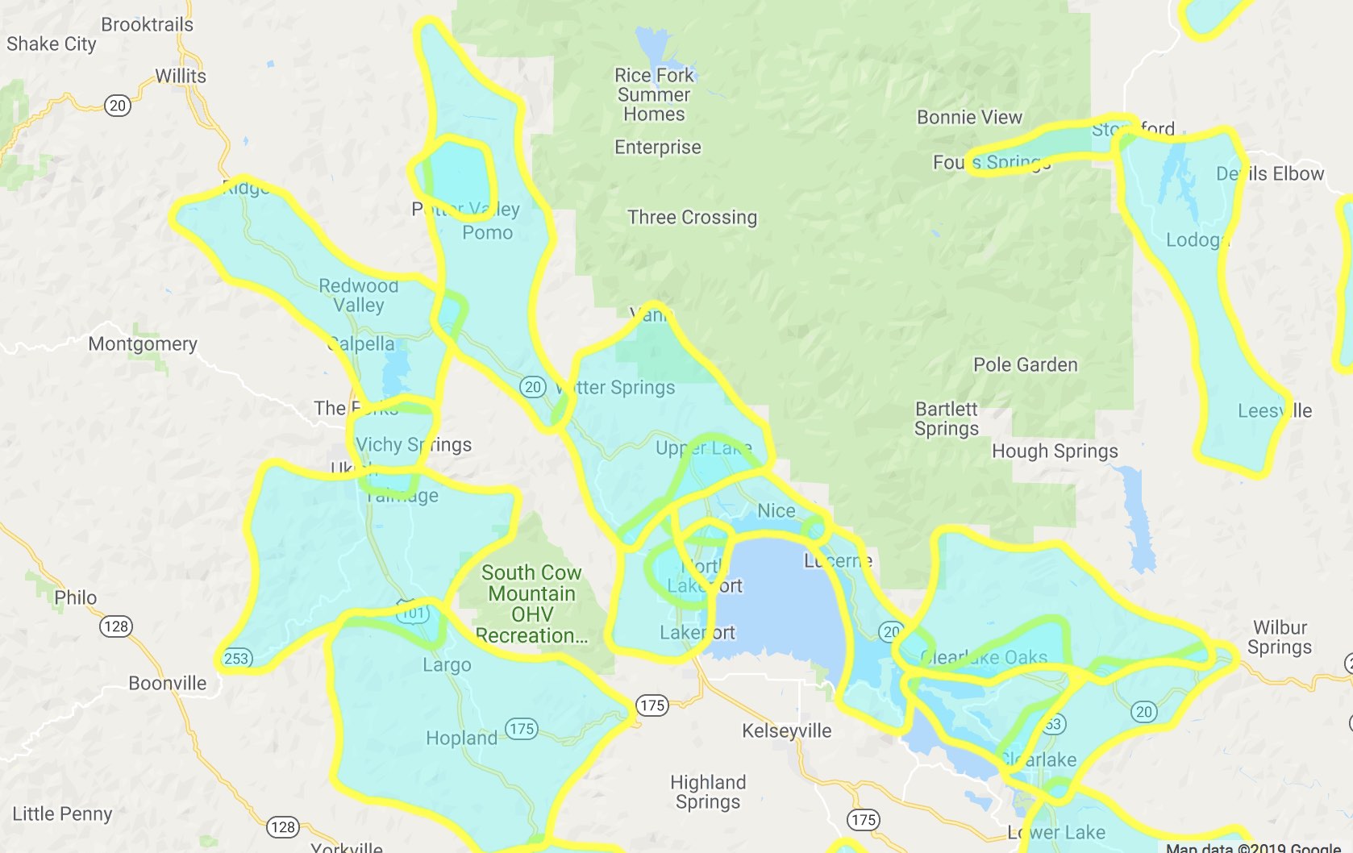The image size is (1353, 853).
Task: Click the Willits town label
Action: pyautogui.click(x=181, y=76)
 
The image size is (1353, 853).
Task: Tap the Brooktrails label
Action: pyautogui.click(x=147, y=24)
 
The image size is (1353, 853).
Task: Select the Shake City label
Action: pyautogui.click(x=52, y=44)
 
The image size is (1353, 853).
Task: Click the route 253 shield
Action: pyautogui.click(x=236, y=658)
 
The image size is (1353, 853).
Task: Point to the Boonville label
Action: pyautogui.click(x=168, y=683)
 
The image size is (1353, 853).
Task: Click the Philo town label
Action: pyautogui.click(x=75, y=597)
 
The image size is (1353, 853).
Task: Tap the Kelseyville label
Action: pyautogui.click(x=786, y=730)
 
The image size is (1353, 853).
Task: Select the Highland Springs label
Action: pyautogui.click(x=708, y=792)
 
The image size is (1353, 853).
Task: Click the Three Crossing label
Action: pyautogui.click(x=692, y=217)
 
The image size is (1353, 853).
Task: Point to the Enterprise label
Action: pyautogui.click(x=657, y=147)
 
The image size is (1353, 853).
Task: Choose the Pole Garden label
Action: pyautogui.click(x=1025, y=364)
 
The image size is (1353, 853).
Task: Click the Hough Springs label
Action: pyautogui.click(x=1055, y=451)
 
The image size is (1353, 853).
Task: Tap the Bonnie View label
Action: pyautogui.click(x=969, y=117)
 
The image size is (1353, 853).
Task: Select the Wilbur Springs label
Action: pyautogui.click(x=1279, y=637)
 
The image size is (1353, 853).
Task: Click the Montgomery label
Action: pyautogui.click(x=143, y=343)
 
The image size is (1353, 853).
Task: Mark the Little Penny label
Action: pyautogui.click(x=62, y=813)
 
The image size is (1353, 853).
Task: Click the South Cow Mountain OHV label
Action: pyautogui.click(x=531, y=604)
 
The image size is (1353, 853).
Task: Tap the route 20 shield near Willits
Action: pyautogui.click(x=118, y=106)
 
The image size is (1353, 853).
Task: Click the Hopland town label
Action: pyautogui.click(x=461, y=738)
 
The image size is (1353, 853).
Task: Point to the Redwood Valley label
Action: pyautogui.click(x=358, y=295)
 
